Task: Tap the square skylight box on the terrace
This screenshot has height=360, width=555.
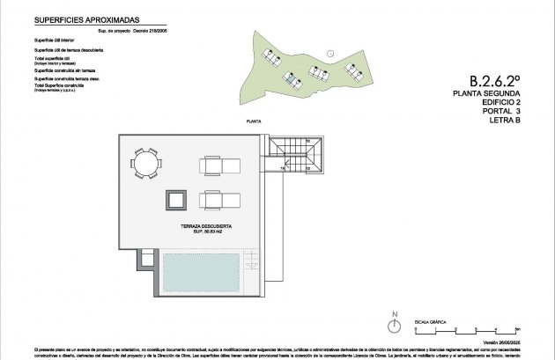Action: click(175, 200)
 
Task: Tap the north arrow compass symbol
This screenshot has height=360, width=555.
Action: click(396, 325)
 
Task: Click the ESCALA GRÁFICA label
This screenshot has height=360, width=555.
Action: click(429, 322)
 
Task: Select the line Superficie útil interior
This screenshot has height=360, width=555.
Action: click(59, 40)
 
